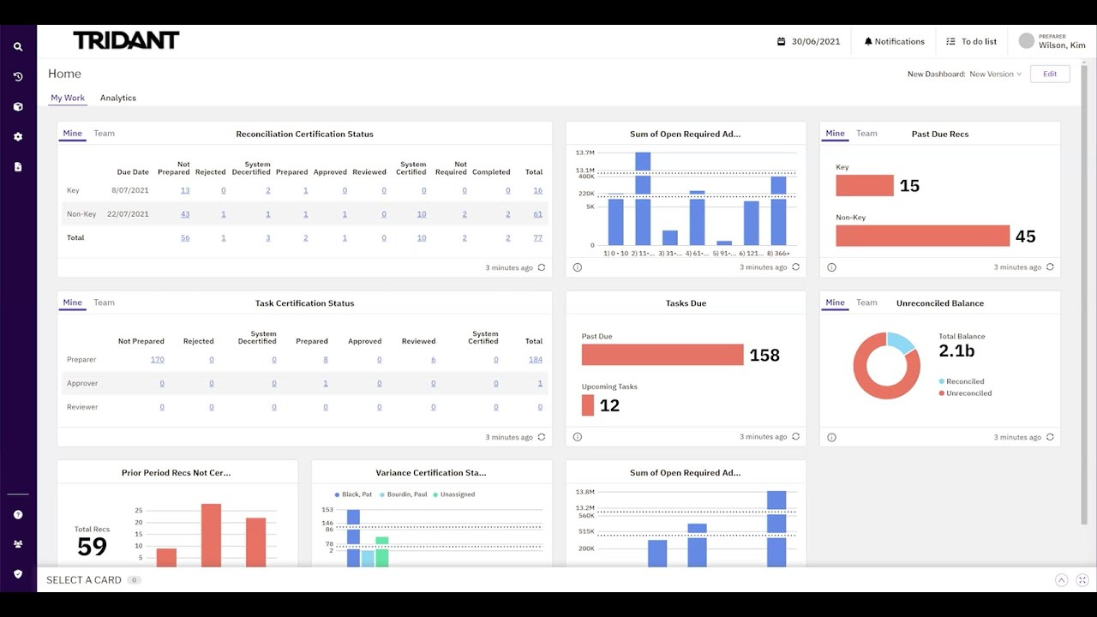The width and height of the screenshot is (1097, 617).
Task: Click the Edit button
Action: (1050, 74)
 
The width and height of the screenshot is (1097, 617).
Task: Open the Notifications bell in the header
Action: (894, 41)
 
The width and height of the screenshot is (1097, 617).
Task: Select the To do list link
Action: (972, 41)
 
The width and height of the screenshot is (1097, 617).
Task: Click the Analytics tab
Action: (118, 98)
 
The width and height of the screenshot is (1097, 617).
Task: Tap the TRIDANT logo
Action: (126, 40)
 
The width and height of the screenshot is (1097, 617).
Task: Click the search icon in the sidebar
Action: (18, 47)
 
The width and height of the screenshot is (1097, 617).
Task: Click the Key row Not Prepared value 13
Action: (185, 190)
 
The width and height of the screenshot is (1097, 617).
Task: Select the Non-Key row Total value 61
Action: (537, 214)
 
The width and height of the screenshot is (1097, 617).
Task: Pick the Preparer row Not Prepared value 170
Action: (158, 360)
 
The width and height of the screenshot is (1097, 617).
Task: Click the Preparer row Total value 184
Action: (536, 360)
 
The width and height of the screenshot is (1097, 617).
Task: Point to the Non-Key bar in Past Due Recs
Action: (922, 236)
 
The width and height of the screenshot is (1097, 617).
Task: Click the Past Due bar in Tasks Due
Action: (662, 355)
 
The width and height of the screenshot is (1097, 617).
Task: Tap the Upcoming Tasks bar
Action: (588, 405)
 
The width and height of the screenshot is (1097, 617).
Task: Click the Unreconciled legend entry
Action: (968, 393)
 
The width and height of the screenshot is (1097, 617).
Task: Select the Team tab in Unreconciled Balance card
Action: (866, 303)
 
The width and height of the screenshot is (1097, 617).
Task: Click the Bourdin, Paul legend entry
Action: (405, 494)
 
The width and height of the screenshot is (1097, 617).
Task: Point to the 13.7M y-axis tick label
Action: (585, 153)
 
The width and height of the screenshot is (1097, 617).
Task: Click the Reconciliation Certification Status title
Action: (304, 134)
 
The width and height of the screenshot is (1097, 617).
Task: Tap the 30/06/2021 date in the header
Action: (815, 41)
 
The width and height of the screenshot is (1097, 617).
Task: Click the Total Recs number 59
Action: (92, 546)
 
